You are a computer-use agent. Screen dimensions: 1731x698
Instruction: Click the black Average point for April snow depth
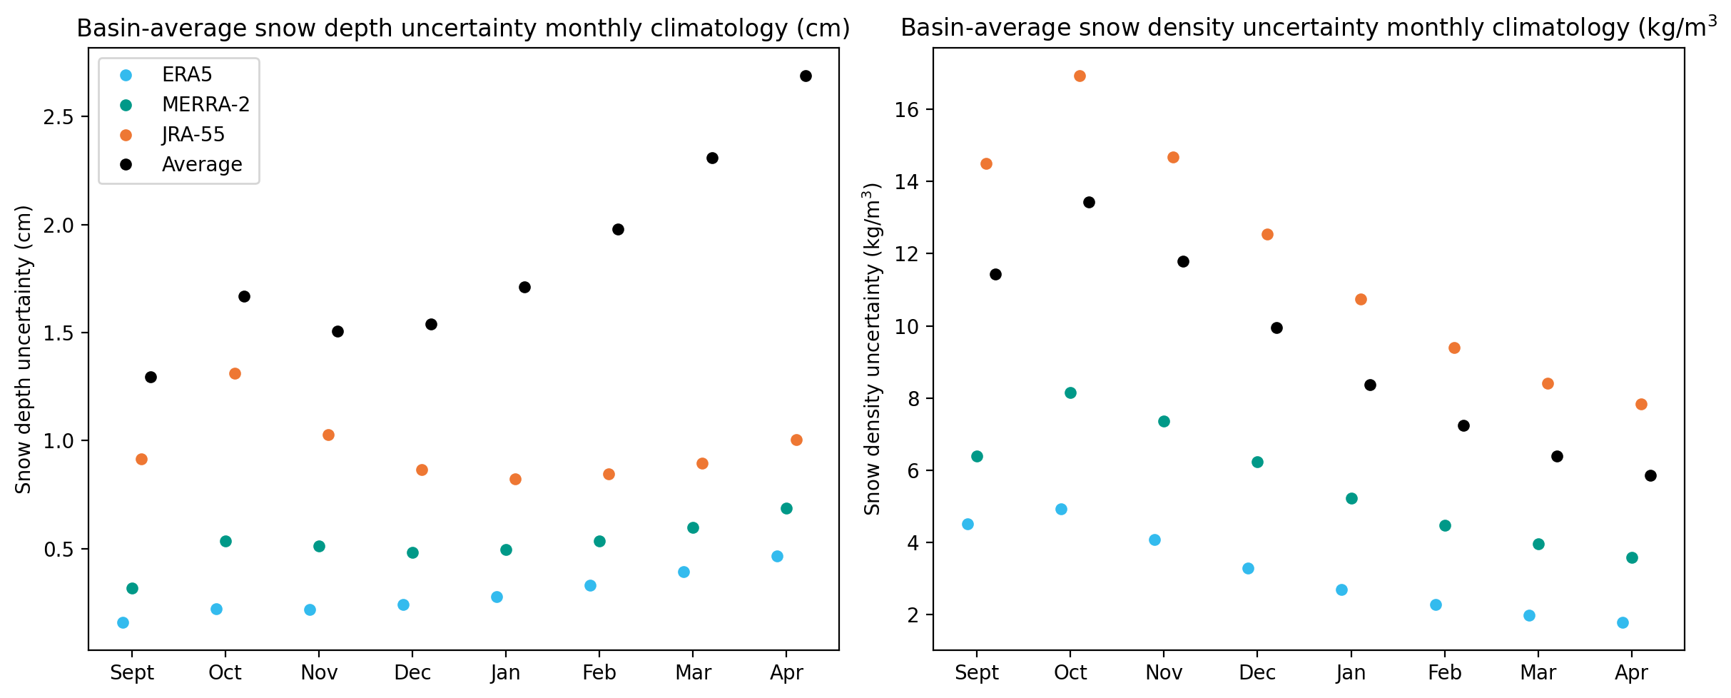pos(806,76)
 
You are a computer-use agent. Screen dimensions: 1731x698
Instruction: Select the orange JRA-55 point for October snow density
pos(1080,76)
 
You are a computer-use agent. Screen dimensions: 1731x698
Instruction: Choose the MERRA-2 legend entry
pos(185,105)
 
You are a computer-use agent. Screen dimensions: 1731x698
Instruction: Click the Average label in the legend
pos(202,165)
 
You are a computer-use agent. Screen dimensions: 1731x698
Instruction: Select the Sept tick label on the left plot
pos(132,673)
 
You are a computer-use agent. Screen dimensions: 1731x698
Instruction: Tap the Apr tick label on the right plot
pos(1632,673)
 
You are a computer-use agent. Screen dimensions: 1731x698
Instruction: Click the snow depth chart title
pos(464,29)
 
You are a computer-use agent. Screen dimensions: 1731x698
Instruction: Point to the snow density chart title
pos(1309,28)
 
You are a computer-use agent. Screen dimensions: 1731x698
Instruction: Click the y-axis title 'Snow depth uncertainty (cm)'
pos(24,350)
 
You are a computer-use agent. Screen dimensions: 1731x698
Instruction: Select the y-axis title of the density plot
pos(873,349)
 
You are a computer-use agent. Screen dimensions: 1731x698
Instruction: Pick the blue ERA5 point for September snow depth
pos(123,623)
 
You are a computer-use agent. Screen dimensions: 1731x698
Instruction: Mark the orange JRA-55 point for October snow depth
pos(235,374)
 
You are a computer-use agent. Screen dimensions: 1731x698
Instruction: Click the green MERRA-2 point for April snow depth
pos(786,509)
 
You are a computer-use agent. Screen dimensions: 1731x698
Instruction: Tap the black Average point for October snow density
pos(1089,203)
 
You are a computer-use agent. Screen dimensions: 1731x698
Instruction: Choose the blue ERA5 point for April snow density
pos(1623,623)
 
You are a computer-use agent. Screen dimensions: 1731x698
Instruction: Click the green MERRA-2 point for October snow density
pos(1070,393)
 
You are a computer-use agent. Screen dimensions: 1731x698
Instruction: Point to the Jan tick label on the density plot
pos(1351,673)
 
